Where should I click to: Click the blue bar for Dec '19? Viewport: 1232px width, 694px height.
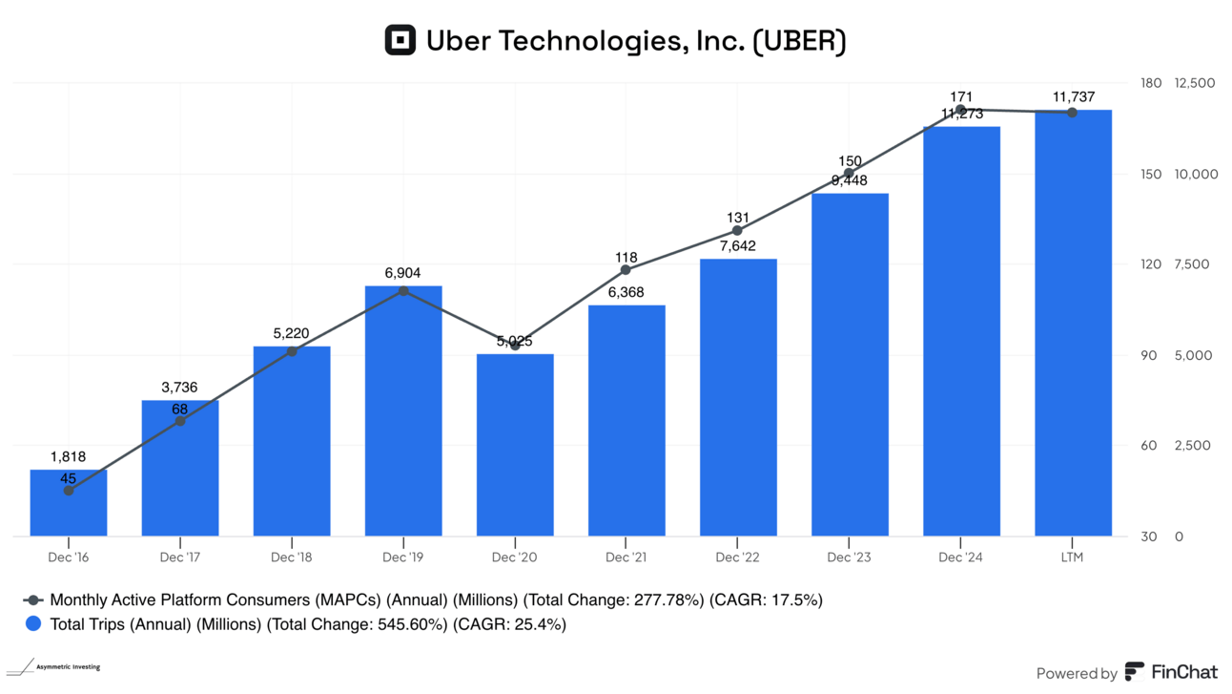[402, 410]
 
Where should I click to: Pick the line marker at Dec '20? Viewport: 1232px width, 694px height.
[515, 345]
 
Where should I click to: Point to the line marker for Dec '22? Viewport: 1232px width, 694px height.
[737, 231]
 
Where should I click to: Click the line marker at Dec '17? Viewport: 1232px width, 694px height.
[180, 421]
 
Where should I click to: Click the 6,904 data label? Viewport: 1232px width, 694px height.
[402, 273]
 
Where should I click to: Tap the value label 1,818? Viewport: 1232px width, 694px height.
[68, 456]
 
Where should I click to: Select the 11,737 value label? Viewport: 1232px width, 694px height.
[1073, 96]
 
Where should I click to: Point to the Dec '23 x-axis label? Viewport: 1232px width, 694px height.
[850, 557]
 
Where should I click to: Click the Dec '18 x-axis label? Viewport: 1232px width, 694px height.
[292, 557]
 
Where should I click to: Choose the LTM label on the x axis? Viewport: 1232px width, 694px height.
[1072, 557]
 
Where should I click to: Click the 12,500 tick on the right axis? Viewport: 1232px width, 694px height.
[1196, 83]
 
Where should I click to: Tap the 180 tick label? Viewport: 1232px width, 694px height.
[1151, 83]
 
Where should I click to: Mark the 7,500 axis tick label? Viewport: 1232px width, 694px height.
[1193, 264]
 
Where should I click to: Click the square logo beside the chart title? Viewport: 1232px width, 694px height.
[400, 40]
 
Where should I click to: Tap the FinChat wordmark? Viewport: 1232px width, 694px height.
[1184, 672]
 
